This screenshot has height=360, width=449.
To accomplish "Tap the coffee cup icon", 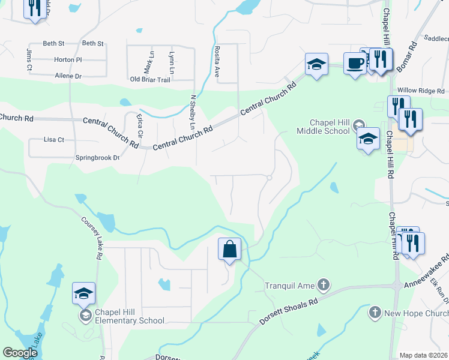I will pos(355,63).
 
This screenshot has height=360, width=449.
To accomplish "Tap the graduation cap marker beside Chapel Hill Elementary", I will pos(84,293).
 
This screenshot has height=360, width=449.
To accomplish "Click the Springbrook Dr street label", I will pos(98,158).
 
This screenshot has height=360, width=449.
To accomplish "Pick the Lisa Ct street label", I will pos(54,139).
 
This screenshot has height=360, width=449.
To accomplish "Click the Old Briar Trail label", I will pos(150,79).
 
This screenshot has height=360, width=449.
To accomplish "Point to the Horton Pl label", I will pos(68,60).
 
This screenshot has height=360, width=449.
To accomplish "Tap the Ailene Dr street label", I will pos(67,76).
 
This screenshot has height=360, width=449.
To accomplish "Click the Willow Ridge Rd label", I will pos(423,91).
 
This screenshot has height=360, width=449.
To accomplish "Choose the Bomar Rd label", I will pos(406,58).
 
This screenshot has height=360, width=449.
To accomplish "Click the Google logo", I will pos(20,353).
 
